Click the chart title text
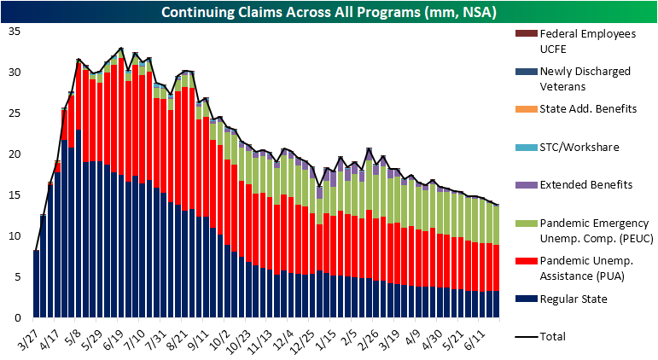pyautogui.click(x=329, y=11)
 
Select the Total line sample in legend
pyautogui.click(x=522, y=335)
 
